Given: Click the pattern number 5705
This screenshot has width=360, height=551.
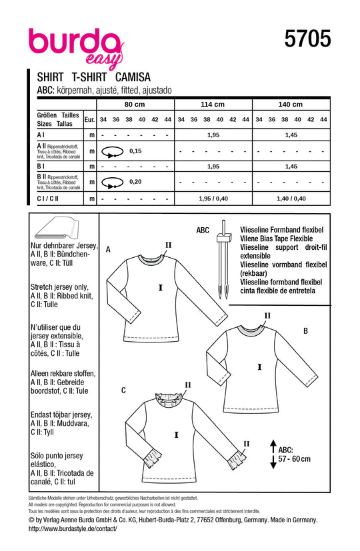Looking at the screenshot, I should coord(307,39).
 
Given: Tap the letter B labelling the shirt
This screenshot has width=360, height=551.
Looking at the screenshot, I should coord(305,330).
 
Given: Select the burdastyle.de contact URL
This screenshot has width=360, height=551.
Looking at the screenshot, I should coord(73,528).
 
